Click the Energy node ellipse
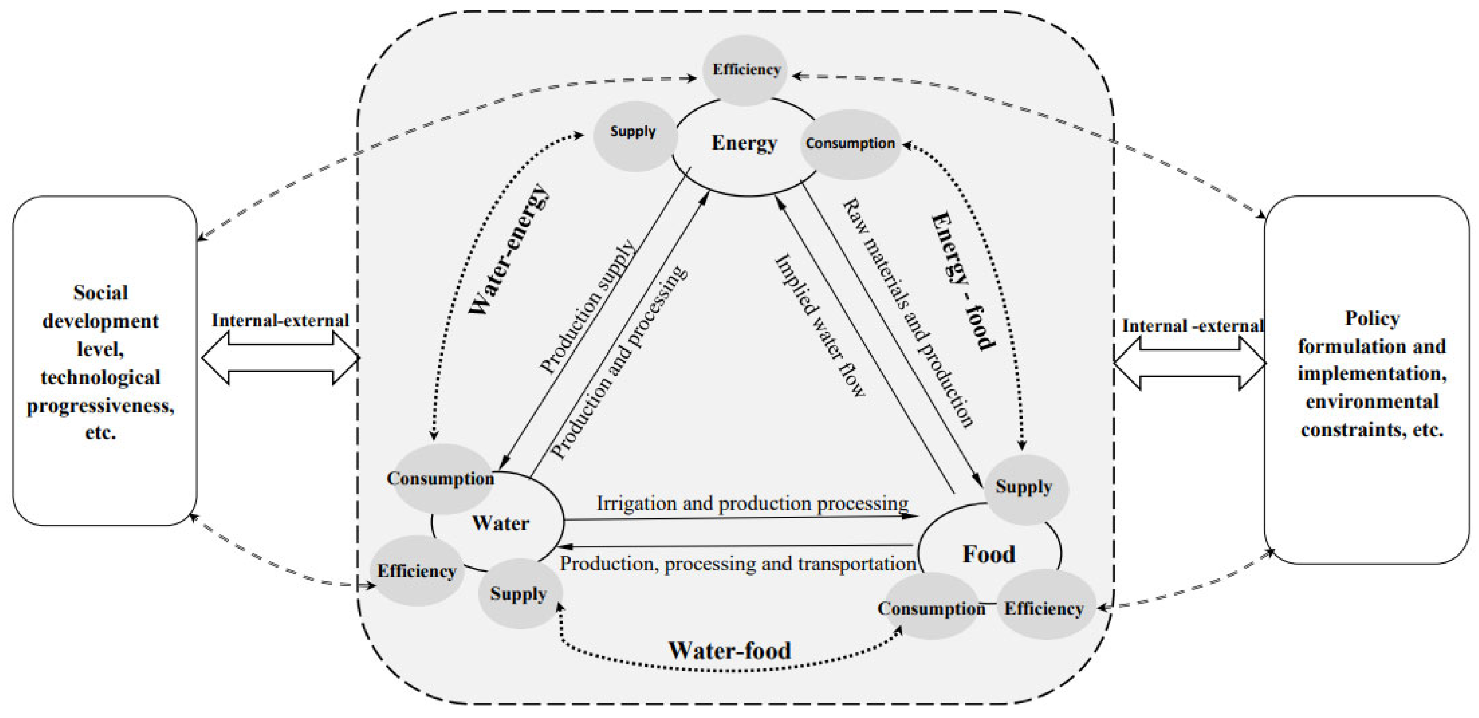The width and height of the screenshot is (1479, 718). pyautogui.click(x=744, y=144)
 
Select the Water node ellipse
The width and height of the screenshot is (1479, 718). pyautogui.click(x=501, y=523)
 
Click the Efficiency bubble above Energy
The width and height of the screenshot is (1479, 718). pyautogui.click(x=746, y=70)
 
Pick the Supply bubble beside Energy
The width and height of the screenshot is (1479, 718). pyautogui.click(x=633, y=132)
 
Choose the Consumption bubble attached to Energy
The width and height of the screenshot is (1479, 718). pyautogui.click(x=850, y=144)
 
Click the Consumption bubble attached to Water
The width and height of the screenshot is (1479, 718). pyautogui.click(x=440, y=479)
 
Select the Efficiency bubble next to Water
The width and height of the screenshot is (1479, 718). pyautogui.click(x=417, y=571)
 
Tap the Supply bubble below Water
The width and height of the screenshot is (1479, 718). pyautogui.click(x=518, y=594)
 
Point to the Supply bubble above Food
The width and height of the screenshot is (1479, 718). pyautogui.click(x=1024, y=487)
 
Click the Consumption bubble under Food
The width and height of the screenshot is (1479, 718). pyautogui.click(x=931, y=608)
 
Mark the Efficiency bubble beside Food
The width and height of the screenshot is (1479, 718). pyautogui.click(x=1044, y=608)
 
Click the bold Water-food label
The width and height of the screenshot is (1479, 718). pyautogui.click(x=730, y=650)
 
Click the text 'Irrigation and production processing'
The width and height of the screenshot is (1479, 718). pyautogui.click(x=752, y=503)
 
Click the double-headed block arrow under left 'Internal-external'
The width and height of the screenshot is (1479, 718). pyautogui.click(x=281, y=358)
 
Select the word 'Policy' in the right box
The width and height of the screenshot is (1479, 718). pyautogui.click(x=1372, y=319)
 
